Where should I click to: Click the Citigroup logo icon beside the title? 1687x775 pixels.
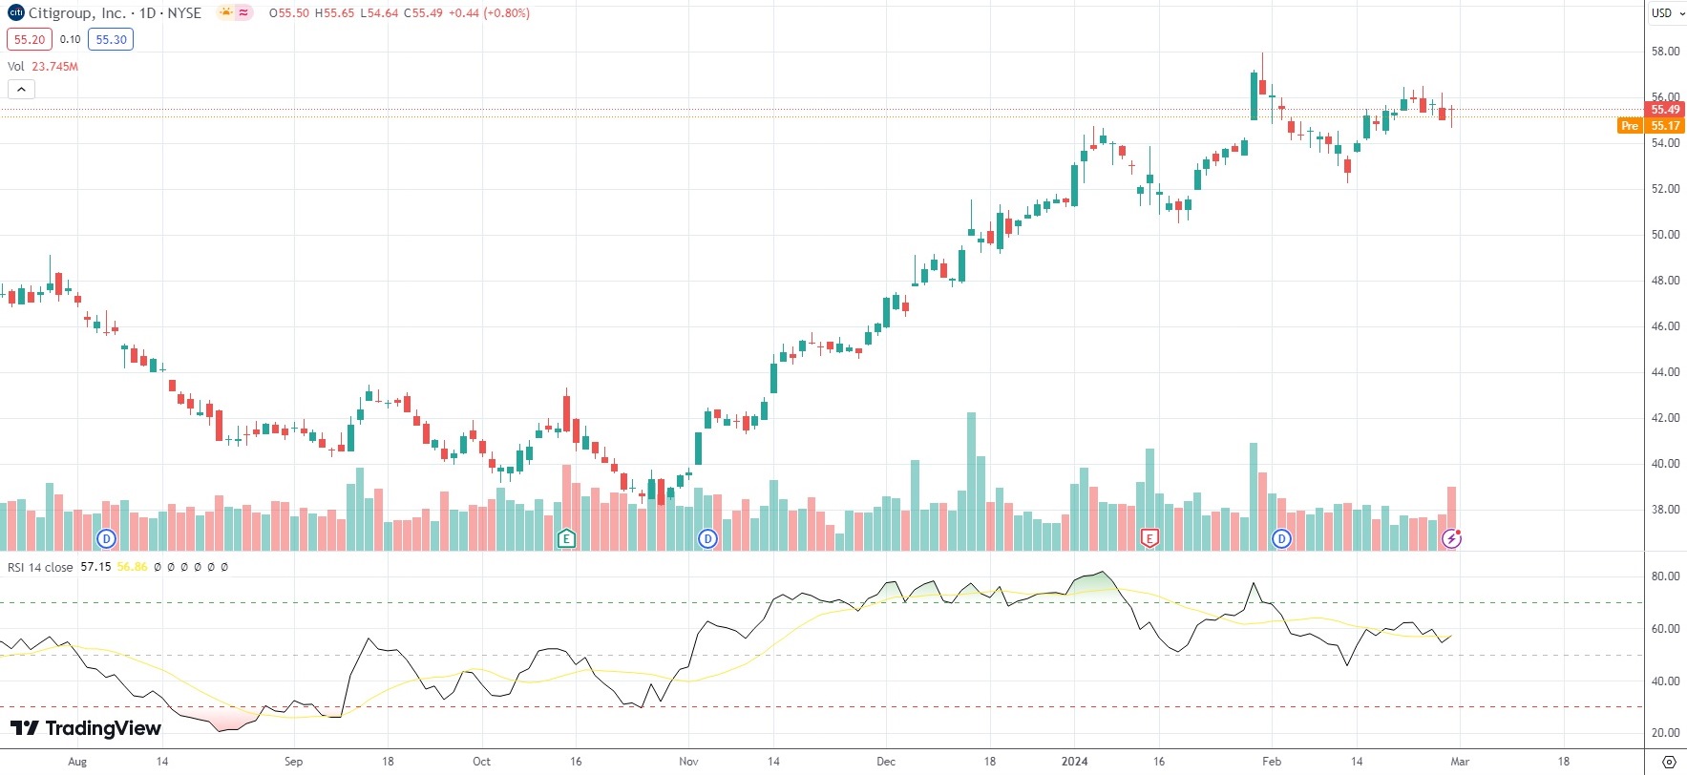click(x=15, y=13)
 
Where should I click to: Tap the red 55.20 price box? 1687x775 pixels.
click(x=30, y=39)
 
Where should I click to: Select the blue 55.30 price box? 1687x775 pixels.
click(x=111, y=39)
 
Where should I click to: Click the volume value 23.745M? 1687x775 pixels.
click(x=54, y=67)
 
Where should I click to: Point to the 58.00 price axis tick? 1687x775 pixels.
click(x=1665, y=52)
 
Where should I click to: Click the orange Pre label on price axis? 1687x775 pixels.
click(x=1630, y=126)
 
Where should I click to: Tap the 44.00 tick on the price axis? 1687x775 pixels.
click(x=1665, y=372)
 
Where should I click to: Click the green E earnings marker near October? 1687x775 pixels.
click(x=566, y=539)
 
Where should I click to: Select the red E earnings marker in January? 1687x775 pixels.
click(x=1149, y=539)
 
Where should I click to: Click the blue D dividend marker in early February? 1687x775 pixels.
click(x=1281, y=539)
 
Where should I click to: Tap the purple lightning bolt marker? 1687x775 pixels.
click(x=1451, y=539)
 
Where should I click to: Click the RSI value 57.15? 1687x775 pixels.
click(x=95, y=567)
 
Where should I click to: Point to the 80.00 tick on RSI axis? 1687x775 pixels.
click(x=1665, y=576)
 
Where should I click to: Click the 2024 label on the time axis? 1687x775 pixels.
click(x=1074, y=762)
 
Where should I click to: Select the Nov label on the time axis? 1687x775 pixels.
click(x=688, y=762)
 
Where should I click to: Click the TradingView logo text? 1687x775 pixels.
click(x=86, y=729)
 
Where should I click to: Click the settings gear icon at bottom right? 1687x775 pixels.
click(x=1668, y=762)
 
